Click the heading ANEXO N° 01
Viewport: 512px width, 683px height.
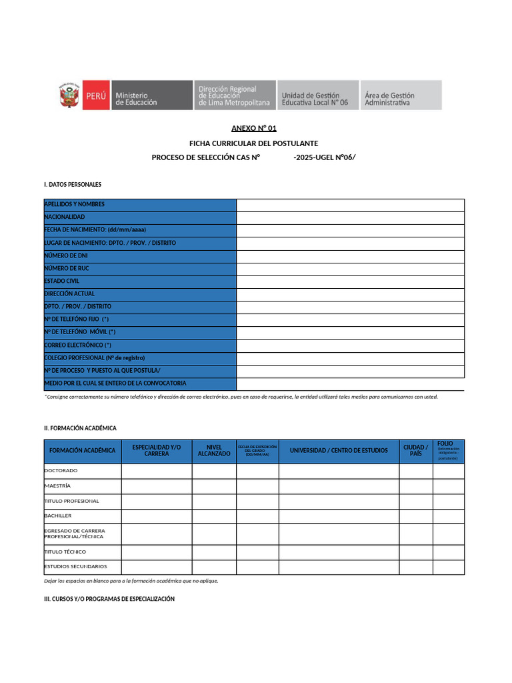click(x=253, y=128)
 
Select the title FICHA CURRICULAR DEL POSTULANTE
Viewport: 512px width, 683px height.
click(x=253, y=143)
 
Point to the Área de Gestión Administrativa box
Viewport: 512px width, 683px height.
click(x=401, y=95)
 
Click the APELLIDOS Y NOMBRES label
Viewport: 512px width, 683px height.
click(x=75, y=205)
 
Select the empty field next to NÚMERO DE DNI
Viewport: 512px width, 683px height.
click(x=350, y=255)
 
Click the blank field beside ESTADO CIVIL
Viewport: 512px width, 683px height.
click(x=350, y=281)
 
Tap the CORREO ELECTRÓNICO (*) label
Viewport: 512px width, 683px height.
click(x=78, y=345)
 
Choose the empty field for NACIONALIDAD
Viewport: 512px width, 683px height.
click(x=350, y=217)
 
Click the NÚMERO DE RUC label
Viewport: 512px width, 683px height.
click(x=67, y=268)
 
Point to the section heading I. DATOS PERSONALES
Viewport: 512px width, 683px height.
click(x=73, y=184)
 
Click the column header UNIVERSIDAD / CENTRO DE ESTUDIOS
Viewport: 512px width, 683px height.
click(x=339, y=451)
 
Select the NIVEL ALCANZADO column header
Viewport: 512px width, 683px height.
click(x=214, y=451)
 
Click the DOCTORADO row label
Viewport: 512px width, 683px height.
click(x=61, y=471)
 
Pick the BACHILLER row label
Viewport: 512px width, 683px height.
click(x=58, y=516)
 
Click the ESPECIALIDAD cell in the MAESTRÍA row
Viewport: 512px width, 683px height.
click(x=157, y=486)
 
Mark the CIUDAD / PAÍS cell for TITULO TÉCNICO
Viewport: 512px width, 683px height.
click(x=415, y=552)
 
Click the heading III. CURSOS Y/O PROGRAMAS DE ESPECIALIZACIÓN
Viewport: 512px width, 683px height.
click(x=109, y=599)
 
